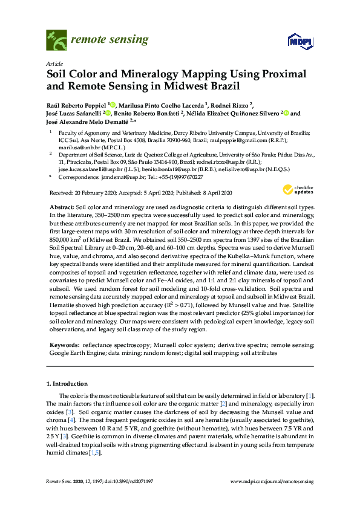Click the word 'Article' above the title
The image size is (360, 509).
53,63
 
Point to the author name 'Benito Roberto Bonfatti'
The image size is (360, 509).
148,112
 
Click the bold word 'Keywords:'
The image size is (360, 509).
64,344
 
